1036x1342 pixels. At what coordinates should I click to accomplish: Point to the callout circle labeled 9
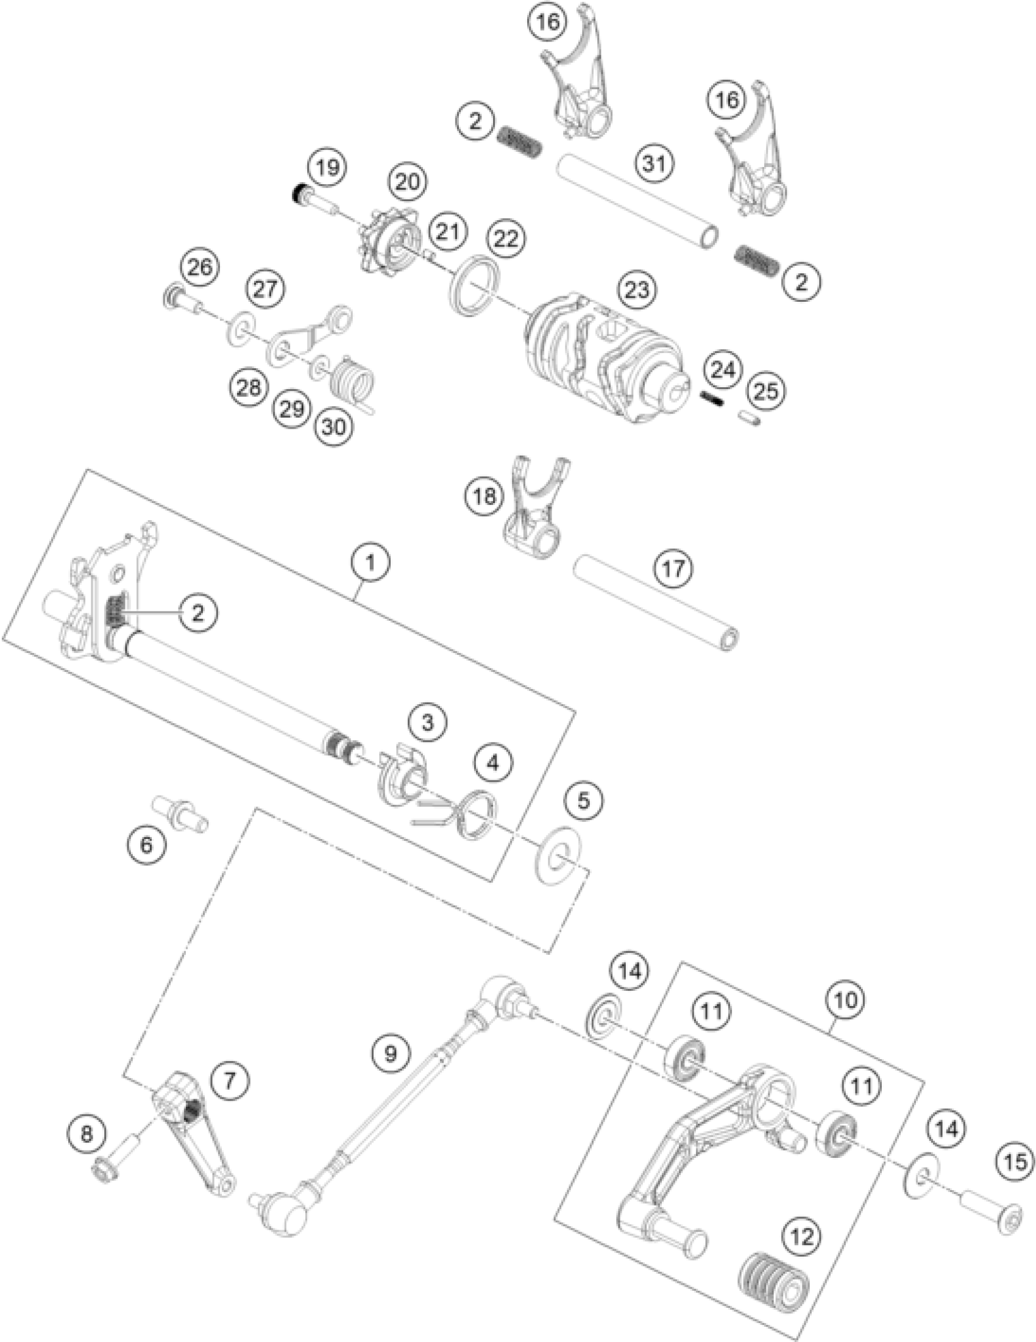tap(391, 1054)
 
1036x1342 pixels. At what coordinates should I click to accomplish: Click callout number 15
tap(1016, 1162)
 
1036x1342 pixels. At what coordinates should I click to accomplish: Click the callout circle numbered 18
tap(484, 496)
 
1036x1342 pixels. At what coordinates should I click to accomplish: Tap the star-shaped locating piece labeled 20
tap(388, 243)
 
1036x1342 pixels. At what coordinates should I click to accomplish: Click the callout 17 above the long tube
tap(673, 568)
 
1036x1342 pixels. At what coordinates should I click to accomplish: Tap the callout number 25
tap(765, 391)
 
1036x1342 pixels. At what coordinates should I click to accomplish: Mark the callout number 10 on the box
tap(845, 1001)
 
